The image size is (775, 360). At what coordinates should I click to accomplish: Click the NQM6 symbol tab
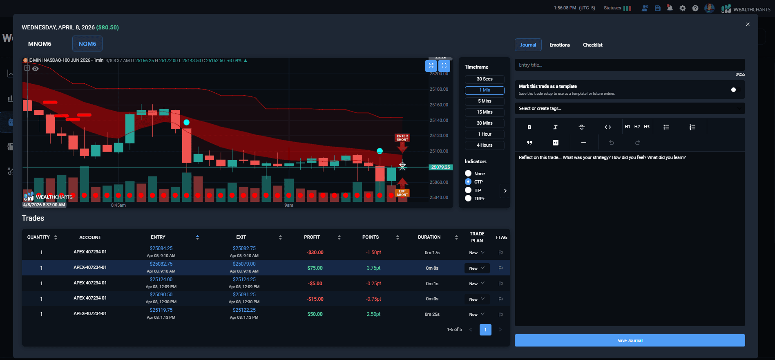[x=87, y=44]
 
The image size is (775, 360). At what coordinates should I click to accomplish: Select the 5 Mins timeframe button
[x=485, y=101]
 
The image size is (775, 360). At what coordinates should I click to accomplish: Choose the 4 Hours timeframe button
[x=485, y=145]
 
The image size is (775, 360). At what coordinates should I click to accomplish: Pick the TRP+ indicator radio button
[x=468, y=198]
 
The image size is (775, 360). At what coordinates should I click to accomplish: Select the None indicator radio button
[x=468, y=173]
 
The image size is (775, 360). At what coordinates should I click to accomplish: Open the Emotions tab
[x=559, y=45]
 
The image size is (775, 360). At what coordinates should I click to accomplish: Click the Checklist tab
[x=592, y=45]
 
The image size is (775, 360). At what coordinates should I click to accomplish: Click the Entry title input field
[x=629, y=65]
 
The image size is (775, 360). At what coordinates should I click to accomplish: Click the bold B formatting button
[x=529, y=127]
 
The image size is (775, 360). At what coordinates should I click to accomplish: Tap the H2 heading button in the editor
[x=637, y=127]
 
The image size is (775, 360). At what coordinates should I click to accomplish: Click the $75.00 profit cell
[x=315, y=268]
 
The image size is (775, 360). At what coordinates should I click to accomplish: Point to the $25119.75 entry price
[x=161, y=310]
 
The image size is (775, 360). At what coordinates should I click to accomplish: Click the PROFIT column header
[x=312, y=237]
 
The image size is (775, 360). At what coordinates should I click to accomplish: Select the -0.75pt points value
[x=373, y=299]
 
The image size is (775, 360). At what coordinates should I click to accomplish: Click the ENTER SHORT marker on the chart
[x=402, y=138]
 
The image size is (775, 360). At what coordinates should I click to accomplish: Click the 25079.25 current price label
[x=440, y=167]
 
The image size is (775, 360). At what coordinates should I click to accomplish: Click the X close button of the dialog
[x=748, y=25]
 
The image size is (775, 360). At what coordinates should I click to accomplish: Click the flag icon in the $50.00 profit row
[x=500, y=315]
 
